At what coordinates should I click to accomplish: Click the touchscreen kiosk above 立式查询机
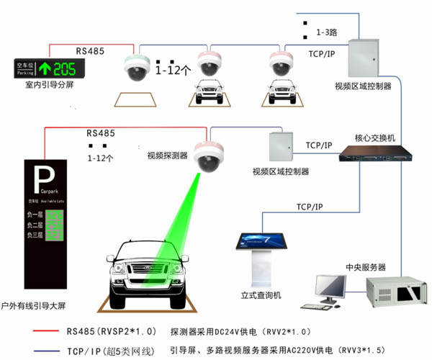(258, 246)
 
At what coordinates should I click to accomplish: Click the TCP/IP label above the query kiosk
(314, 207)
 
